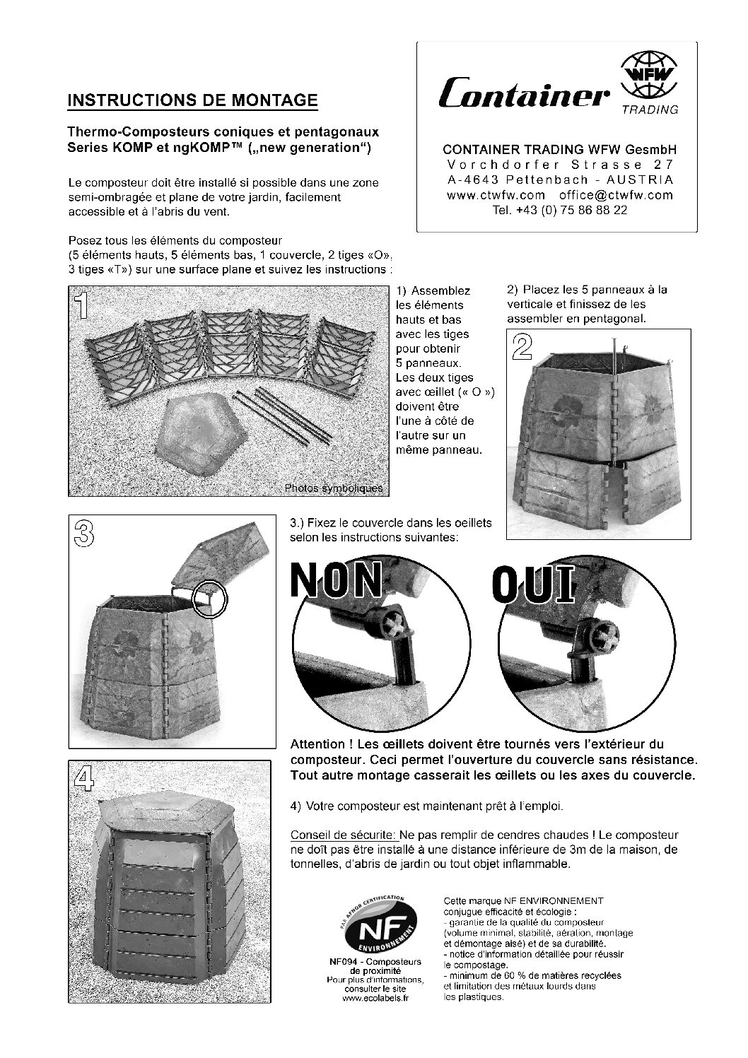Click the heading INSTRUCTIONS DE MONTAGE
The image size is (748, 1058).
coord(192,100)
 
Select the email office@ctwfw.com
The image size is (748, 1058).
coord(615,195)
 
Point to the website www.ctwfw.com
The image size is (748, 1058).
coord(496,195)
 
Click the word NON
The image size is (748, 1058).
coord(337,580)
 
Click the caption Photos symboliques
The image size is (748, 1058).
coord(333,488)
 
